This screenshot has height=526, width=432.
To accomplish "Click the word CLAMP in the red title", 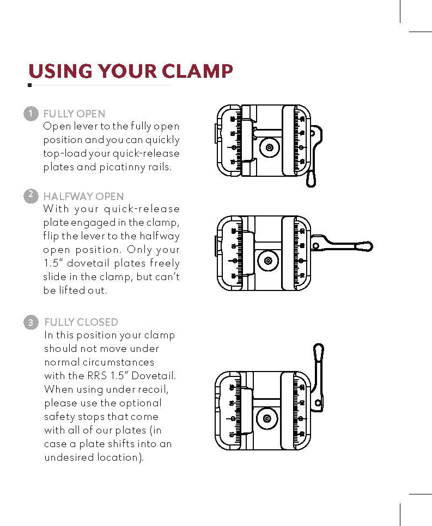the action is pos(197,71).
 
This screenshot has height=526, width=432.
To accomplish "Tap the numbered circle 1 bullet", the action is pos(31,114).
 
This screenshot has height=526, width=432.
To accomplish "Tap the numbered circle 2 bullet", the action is pos(31,196).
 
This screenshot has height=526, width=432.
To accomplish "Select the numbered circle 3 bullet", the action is pos(31,323).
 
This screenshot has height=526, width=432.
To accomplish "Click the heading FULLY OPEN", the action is pos(74,114).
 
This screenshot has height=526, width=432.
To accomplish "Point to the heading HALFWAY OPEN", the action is pos(84,196).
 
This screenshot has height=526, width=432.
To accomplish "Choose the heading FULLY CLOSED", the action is pos(81,323).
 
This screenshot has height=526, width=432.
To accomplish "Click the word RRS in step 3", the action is pos(97,376).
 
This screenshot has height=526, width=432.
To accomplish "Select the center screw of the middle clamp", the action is pos(268,261).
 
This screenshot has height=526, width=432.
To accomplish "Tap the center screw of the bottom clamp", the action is pos(267,419).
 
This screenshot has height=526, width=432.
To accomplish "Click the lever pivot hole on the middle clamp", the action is pos(315,246).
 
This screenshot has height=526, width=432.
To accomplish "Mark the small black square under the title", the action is pos(29,85).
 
